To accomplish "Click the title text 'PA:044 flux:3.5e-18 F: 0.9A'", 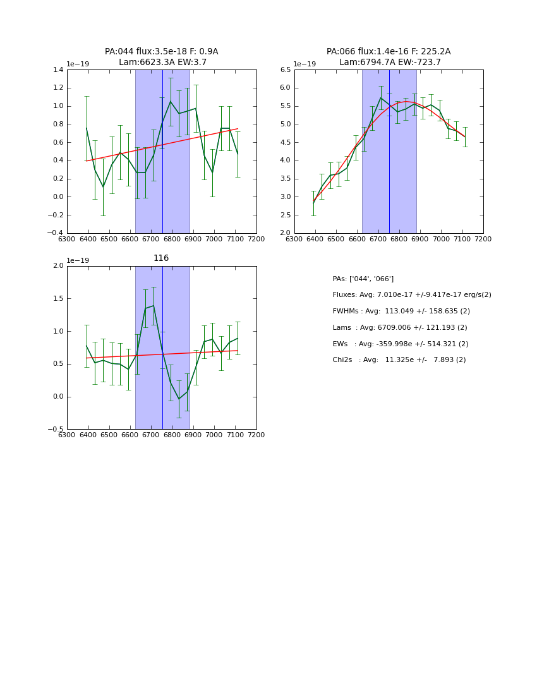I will pyautogui.click(x=162, y=52).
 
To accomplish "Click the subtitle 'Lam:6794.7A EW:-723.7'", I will pyautogui.click(x=390, y=63).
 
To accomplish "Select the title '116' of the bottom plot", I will pyautogui.click(x=161, y=258).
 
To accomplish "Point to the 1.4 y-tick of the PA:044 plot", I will pyautogui.click(x=57, y=70).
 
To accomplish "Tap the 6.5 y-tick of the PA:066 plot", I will pyautogui.click(x=285, y=70).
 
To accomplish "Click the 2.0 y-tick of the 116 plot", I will pyautogui.click(x=57, y=266).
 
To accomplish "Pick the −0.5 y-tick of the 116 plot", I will pyautogui.click(x=56, y=430).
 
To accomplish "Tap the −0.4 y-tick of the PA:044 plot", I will pyautogui.click(x=56, y=233).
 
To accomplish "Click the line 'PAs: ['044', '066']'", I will pyautogui.click(x=363, y=279).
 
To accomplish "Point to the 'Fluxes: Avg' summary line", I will pyautogui.click(x=411, y=295).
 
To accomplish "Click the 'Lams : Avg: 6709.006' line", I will pyautogui.click(x=400, y=328).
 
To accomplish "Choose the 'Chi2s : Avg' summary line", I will pyautogui.click(x=399, y=360).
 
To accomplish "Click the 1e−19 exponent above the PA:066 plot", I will pyautogui.click(x=305, y=64).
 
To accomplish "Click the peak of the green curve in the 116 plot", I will pyautogui.click(x=154, y=306).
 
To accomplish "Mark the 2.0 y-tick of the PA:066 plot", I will pyautogui.click(x=285, y=233).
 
